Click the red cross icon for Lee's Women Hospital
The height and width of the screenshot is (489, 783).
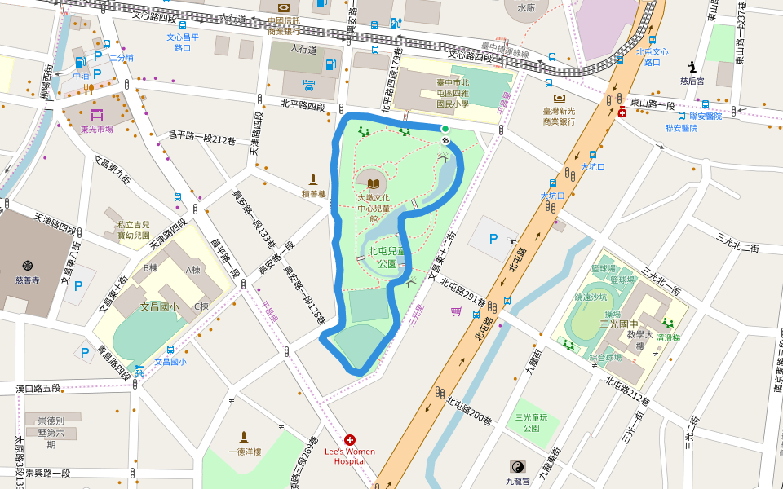[350, 439]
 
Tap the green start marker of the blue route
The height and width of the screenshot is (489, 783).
[445, 129]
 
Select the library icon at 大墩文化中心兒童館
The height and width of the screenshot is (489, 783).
[374, 183]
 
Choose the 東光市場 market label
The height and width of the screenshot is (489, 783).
[97, 129]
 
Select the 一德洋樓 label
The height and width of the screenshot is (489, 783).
[244, 452]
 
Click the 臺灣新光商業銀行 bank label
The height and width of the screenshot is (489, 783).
[570, 115]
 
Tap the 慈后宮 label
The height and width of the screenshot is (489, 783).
[692, 81]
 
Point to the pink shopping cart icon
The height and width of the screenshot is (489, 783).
[455, 311]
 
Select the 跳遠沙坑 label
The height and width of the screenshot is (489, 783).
[592, 297]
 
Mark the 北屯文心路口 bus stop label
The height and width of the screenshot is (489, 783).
[652, 56]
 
